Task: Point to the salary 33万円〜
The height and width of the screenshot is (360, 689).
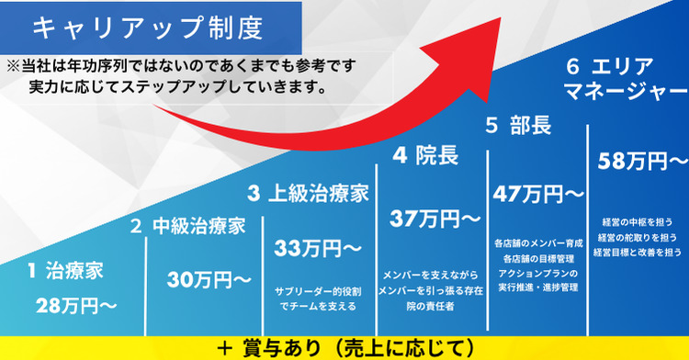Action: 315,248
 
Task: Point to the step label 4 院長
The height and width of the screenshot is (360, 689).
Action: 425,156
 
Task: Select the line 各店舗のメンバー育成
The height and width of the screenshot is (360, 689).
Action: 538,243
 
